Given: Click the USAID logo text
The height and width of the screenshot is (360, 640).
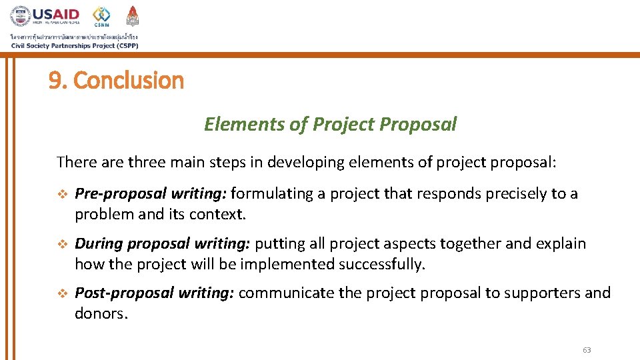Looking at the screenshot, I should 57,14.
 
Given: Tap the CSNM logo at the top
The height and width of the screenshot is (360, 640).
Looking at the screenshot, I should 101,17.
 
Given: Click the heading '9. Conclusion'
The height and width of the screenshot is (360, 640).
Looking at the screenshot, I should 116,81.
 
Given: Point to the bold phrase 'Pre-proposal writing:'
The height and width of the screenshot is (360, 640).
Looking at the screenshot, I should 151,194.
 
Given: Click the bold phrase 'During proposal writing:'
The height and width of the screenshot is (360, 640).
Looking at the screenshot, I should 163,244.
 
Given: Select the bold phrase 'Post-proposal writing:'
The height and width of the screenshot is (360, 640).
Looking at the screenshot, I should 154,293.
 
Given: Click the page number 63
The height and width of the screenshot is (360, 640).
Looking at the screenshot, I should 587,350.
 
